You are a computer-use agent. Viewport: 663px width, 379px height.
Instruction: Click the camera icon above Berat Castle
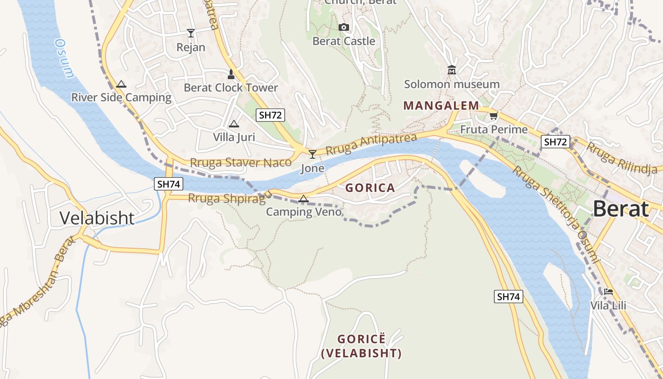pos(344,27)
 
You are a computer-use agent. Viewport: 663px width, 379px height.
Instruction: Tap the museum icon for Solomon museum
pos(451,70)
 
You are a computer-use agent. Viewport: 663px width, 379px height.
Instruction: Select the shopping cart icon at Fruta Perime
pos(494,116)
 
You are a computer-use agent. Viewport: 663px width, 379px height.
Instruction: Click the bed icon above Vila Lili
pos(608,292)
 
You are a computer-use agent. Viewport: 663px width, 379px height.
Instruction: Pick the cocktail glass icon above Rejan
pos(190,33)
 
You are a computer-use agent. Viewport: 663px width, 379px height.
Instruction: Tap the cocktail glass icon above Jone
pos(312,154)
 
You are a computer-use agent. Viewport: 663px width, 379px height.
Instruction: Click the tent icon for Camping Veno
pos(304,199)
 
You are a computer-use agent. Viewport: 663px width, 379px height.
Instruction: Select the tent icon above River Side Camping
pos(121,84)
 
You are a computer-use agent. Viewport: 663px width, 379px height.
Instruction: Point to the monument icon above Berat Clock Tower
pos(231,74)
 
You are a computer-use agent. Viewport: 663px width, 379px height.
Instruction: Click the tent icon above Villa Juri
pos(233,124)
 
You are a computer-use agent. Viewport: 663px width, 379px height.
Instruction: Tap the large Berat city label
pos(620,209)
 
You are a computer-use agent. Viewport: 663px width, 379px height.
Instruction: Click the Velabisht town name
pos(97,218)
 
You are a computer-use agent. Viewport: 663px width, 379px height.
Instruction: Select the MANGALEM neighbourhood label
pos(441,106)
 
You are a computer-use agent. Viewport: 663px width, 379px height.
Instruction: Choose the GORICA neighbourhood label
pos(370,188)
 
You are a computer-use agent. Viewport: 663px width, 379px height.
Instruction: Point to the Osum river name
pos(65,58)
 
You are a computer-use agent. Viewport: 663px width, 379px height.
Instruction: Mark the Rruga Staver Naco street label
pos(241,162)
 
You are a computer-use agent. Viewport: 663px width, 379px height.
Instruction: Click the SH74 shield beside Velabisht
pos(168,184)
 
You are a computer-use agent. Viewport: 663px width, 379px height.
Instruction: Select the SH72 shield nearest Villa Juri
pos(270,115)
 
